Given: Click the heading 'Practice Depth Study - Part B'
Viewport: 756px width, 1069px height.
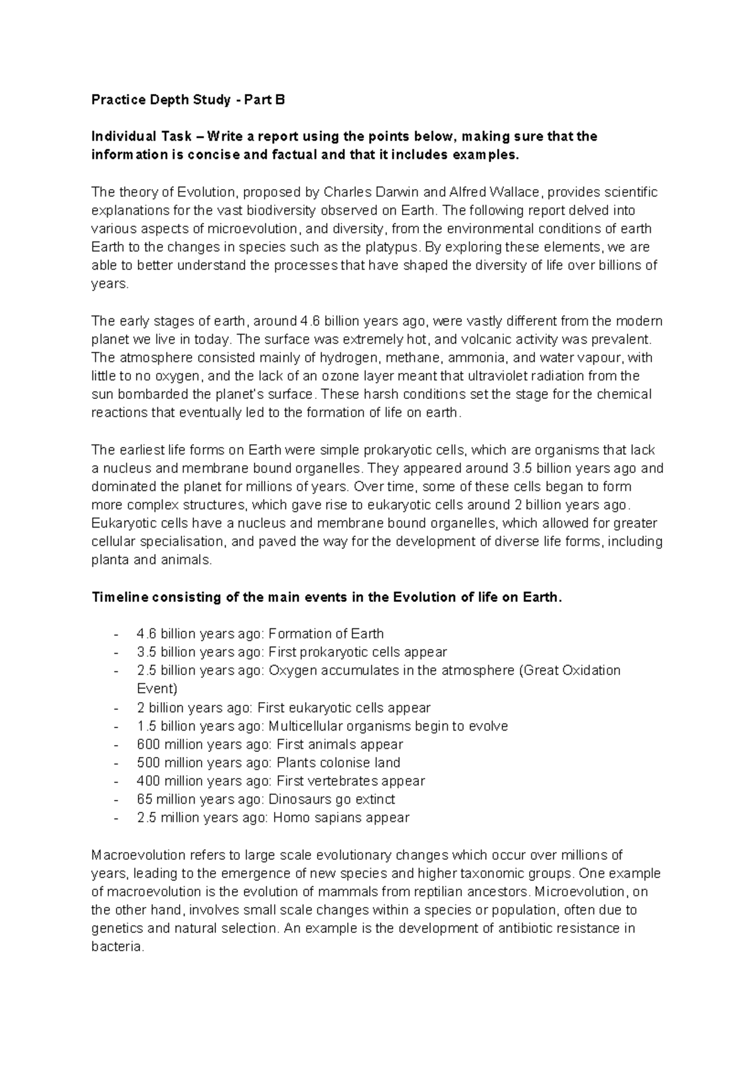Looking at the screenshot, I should click(x=188, y=100).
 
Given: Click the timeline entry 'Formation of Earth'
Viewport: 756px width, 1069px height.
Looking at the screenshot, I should click(x=326, y=633).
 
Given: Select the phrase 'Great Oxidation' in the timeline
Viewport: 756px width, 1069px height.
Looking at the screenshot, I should click(x=573, y=670).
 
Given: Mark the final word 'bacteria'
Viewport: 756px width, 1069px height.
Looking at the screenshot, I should click(x=117, y=947).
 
